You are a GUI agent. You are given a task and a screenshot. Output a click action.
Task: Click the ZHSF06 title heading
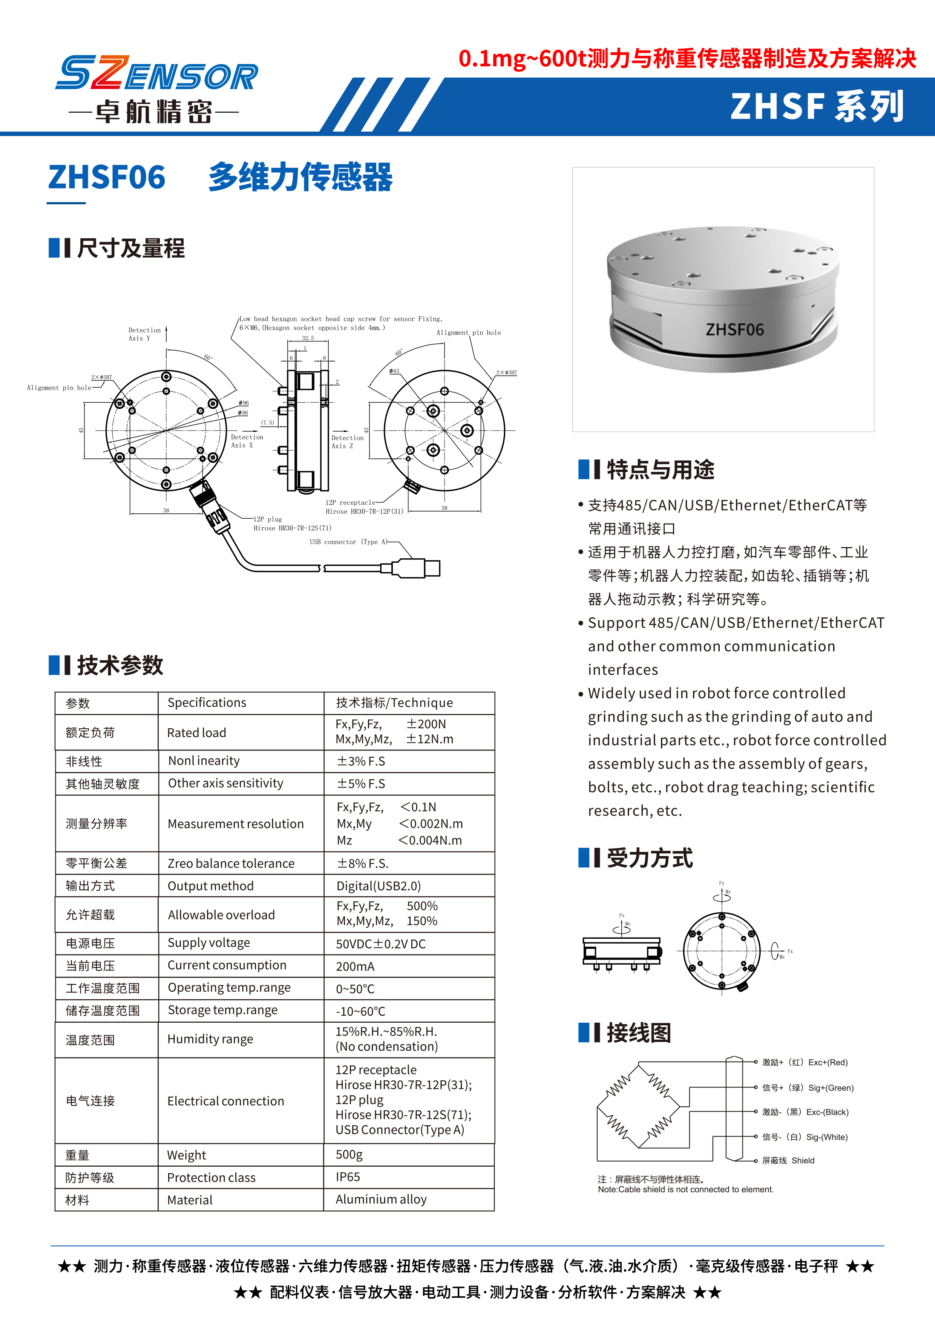coord(107,177)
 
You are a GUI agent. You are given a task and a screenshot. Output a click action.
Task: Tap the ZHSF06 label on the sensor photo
coord(735,329)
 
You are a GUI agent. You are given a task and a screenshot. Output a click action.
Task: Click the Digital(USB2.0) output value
coord(378,885)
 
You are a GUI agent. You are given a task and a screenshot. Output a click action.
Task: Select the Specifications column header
coord(207,702)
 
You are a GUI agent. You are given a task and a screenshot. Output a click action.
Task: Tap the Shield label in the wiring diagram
coord(803,1160)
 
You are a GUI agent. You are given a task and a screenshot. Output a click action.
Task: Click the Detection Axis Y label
coord(144,334)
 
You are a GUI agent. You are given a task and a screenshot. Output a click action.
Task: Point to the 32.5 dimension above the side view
coord(308,338)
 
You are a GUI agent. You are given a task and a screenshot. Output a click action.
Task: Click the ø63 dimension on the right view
coord(394,371)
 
